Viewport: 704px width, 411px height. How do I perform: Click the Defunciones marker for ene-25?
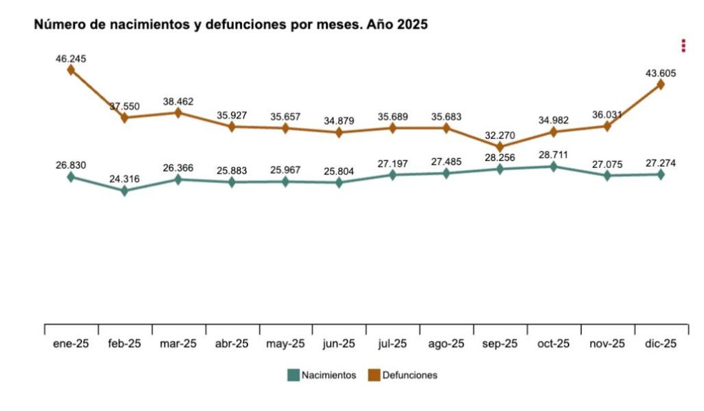tap(71, 70)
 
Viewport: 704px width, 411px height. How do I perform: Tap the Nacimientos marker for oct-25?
tap(553, 166)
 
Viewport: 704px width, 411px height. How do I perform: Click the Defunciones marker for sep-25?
tap(500, 147)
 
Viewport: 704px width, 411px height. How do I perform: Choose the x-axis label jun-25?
tap(339, 344)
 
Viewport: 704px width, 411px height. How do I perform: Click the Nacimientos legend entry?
tap(322, 375)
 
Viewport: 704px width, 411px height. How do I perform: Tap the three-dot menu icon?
tap(683, 45)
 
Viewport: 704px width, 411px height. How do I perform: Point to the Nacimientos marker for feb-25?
tap(124, 191)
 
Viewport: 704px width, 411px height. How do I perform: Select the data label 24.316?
tap(124, 179)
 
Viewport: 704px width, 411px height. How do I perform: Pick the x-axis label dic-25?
tap(661, 344)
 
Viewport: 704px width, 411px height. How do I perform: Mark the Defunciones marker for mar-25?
tap(178, 113)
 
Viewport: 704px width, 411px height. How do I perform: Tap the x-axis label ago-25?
tap(446, 344)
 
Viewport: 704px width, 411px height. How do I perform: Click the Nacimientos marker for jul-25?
tap(393, 174)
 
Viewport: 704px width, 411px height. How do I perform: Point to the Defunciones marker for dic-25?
tap(661, 84)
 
